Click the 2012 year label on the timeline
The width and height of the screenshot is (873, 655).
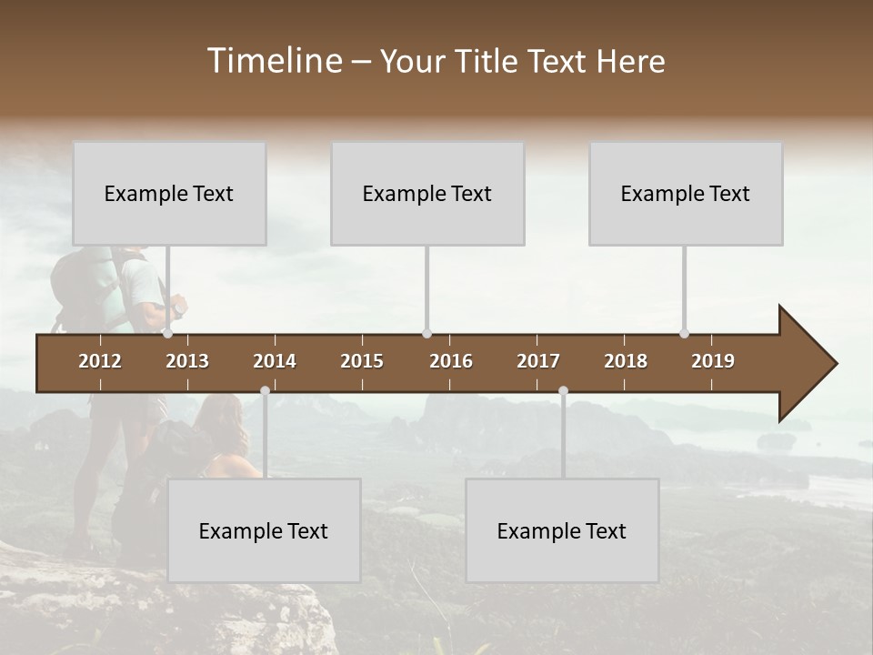[x=100, y=361]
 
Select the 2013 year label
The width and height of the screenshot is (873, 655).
[x=187, y=361]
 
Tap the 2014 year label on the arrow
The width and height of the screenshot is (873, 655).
[x=275, y=361]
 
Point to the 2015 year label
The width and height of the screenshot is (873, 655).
[x=362, y=361]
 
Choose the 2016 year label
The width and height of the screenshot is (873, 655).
[x=451, y=361]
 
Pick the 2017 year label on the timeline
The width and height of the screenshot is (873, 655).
[x=538, y=361]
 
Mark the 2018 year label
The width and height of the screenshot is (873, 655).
[x=626, y=361]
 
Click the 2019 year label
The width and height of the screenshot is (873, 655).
[x=713, y=361]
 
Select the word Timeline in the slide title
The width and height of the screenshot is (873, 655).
[x=274, y=61]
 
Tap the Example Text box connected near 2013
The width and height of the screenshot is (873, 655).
[x=169, y=193]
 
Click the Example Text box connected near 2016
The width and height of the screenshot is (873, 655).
[x=427, y=193]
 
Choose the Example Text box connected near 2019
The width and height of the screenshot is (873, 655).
[x=686, y=193]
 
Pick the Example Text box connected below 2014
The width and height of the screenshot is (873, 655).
[x=264, y=530]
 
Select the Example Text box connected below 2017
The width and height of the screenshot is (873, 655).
[x=562, y=530]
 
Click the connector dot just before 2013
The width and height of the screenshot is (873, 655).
[x=167, y=334]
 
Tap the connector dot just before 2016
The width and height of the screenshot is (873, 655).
[x=426, y=334]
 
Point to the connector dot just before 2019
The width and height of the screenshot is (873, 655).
[x=685, y=334]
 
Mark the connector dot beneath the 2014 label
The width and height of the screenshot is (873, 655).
[x=265, y=390]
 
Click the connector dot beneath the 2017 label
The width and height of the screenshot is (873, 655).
[x=563, y=390]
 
